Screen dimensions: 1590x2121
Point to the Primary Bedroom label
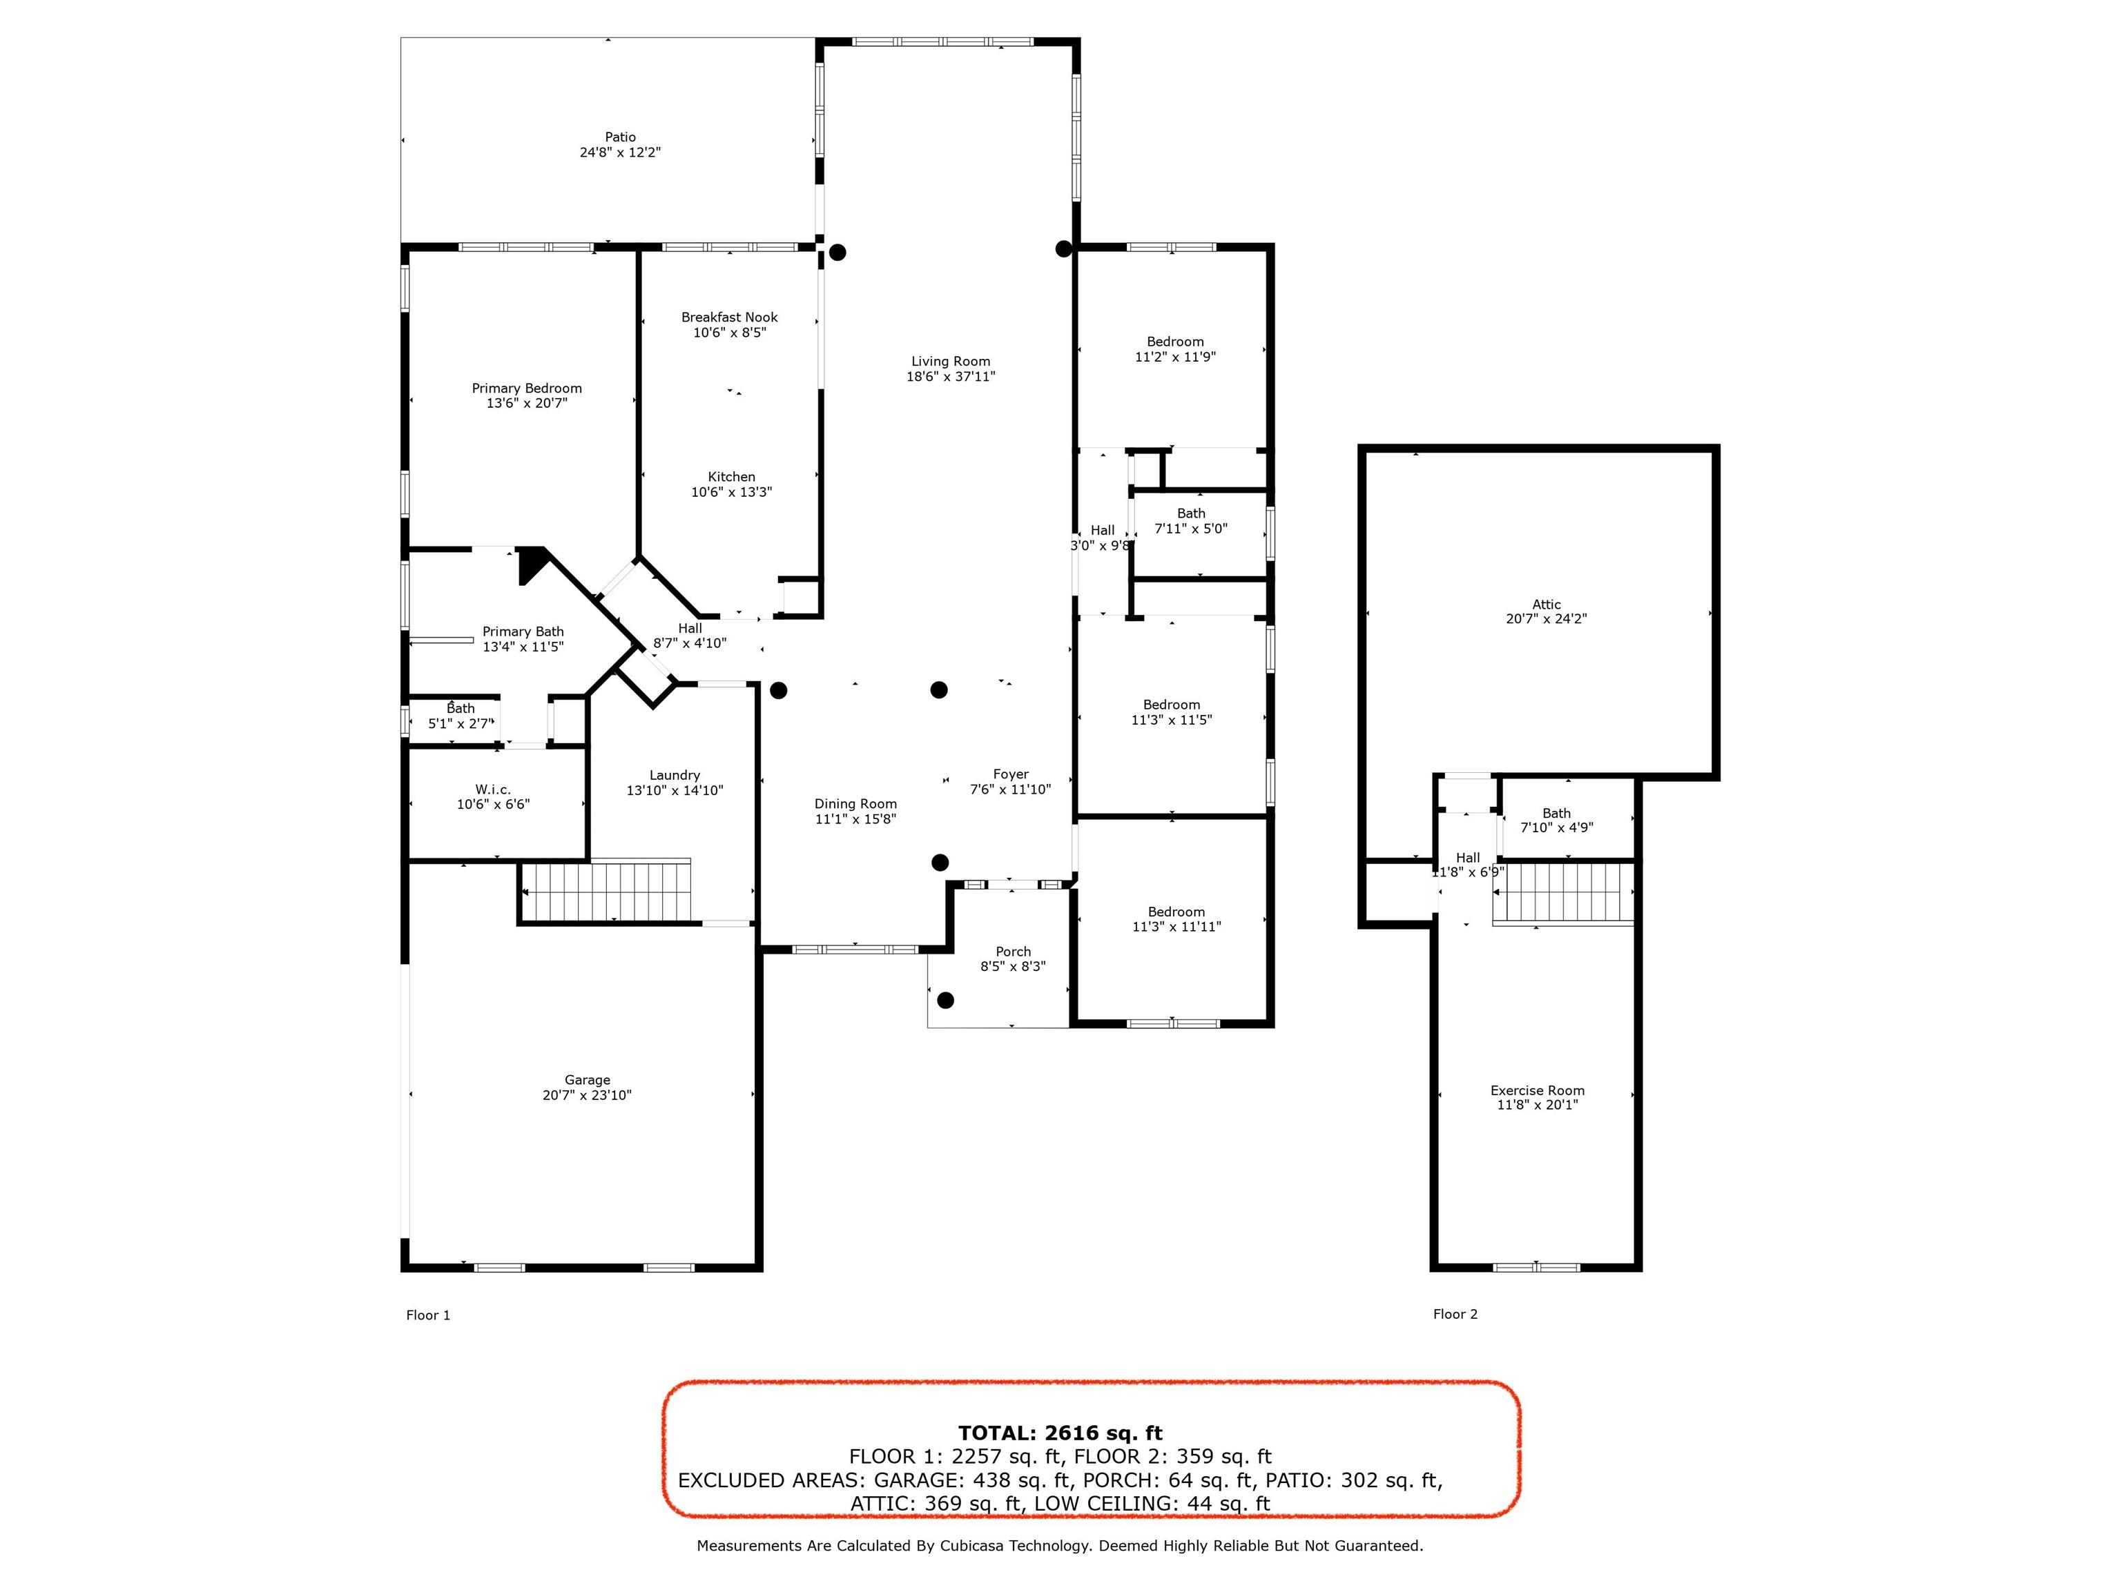click(x=526, y=388)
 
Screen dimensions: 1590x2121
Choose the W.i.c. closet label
click(x=493, y=789)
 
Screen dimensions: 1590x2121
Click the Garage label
click(x=587, y=1080)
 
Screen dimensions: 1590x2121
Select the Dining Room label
click(x=855, y=804)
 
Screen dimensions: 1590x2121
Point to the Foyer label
click(x=1011, y=774)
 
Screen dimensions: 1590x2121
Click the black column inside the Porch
click(x=945, y=1001)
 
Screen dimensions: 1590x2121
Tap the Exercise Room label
click(x=1537, y=1090)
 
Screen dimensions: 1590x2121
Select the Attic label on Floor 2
click(x=1546, y=605)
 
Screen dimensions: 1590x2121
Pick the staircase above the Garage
click(x=607, y=892)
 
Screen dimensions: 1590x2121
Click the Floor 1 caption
click(x=427, y=1315)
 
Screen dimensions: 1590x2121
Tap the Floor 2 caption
click(x=1455, y=1314)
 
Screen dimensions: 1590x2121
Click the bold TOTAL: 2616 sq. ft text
click(x=1060, y=1433)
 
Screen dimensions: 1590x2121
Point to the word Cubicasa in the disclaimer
click(x=980, y=1546)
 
